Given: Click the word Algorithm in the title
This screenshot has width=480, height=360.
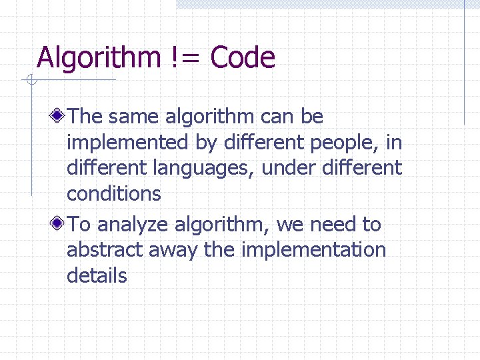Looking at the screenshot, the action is [99, 58].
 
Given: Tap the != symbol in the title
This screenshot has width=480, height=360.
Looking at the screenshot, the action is [185, 57].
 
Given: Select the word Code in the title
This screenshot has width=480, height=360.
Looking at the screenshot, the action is [243, 57].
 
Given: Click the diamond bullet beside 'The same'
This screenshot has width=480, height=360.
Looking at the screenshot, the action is [57, 115].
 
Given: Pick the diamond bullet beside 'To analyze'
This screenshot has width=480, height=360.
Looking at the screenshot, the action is [57, 223].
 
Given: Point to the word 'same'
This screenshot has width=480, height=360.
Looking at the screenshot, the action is [133, 117].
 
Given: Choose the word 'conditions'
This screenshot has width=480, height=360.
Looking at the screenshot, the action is [114, 194].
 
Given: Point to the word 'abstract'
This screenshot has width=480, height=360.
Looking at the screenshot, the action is [105, 249].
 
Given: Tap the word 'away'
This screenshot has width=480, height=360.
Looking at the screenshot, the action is [173, 251].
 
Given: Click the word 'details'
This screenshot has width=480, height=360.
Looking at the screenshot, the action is [97, 275].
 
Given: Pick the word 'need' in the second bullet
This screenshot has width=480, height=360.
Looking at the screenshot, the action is [333, 225].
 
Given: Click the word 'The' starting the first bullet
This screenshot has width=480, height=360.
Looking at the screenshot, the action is [85, 116].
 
